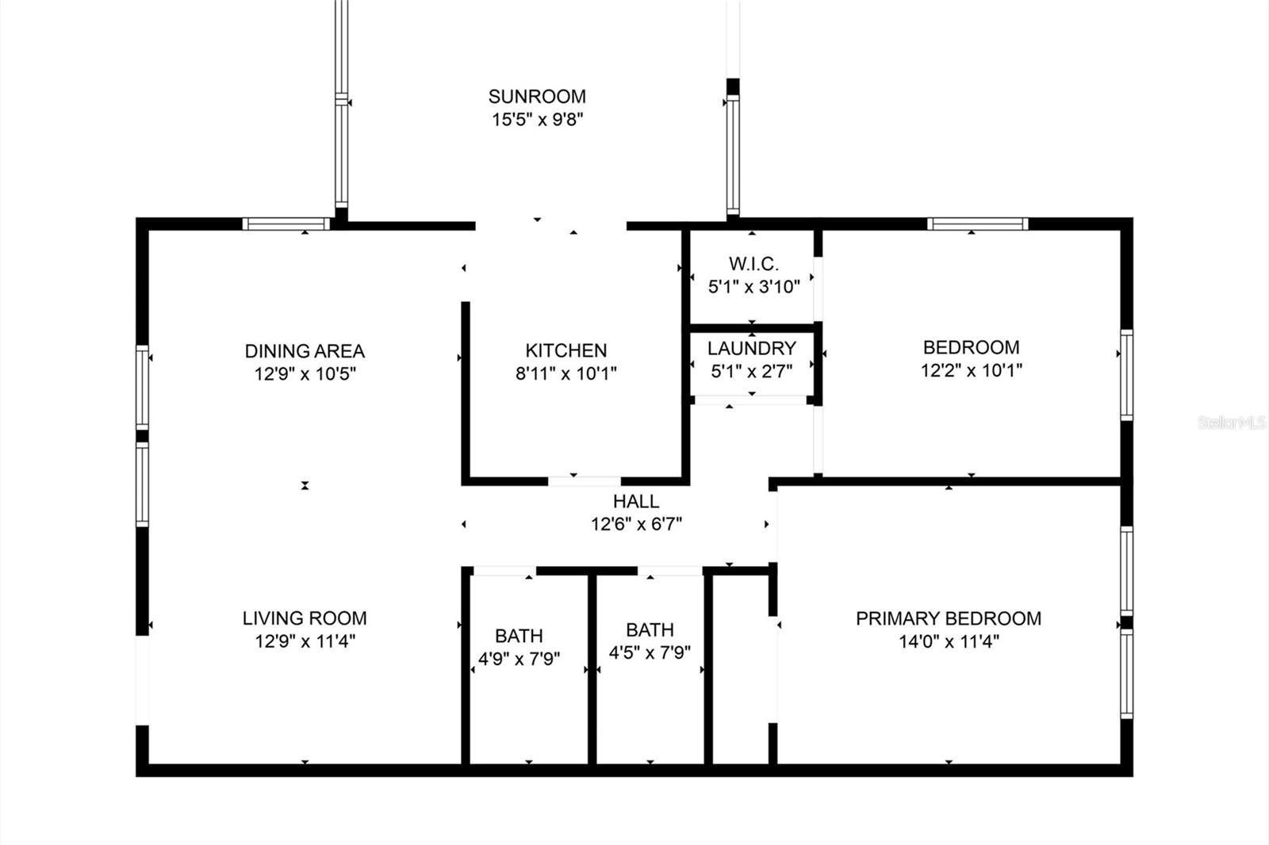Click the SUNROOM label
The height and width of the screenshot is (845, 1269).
click(x=537, y=97)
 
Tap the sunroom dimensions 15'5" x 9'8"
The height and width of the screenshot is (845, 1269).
click(x=537, y=120)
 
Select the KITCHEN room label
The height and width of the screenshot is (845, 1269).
click(x=565, y=350)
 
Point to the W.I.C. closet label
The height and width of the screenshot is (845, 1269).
click(x=753, y=264)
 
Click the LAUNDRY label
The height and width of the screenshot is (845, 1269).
click(x=751, y=348)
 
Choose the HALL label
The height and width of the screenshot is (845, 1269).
click(x=635, y=501)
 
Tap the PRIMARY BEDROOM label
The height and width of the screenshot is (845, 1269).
click(x=948, y=618)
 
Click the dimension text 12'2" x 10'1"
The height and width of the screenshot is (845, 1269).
click(x=971, y=370)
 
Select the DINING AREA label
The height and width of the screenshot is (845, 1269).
click(x=305, y=350)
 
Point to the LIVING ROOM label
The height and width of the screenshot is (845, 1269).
click(x=305, y=618)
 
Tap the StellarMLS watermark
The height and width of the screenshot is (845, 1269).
click(x=1231, y=422)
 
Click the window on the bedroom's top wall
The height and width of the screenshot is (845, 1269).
click(x=977, y=224)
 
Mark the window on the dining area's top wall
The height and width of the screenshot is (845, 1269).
click(x=286, y=224)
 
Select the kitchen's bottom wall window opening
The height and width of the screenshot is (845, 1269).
click(x=585, y=480)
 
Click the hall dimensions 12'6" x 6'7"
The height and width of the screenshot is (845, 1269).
click(x=635, y=524)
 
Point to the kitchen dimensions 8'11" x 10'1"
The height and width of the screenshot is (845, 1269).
click(x=565, y=373)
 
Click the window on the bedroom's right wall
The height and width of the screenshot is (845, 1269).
click(x=1125, y=375)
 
